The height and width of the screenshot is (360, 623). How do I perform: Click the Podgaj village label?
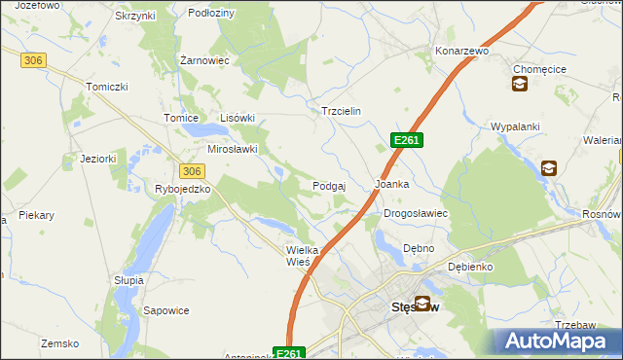point(331,185)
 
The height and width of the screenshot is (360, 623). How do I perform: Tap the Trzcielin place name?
point(342,111)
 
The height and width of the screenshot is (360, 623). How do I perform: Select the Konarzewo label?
point(461,51)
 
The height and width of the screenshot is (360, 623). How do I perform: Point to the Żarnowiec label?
point(204,60)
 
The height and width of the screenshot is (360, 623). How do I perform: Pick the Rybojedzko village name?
point(183,189)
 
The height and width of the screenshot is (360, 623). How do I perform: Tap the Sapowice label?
point(165,311)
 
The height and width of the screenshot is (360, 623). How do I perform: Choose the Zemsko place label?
point(58,343)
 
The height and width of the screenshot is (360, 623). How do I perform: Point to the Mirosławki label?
point(233,149)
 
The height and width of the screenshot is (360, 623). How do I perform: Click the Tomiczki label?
point(107,87)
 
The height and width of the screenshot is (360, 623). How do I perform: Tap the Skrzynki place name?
point(135,17)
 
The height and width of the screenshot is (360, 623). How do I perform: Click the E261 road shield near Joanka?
point(407,141)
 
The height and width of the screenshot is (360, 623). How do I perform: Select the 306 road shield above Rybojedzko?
point(191,170)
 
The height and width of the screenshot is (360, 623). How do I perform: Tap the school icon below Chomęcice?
point(520,85)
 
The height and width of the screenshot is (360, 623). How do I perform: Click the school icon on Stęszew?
point(422,304)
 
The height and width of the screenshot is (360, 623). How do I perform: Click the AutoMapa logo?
point(559,342)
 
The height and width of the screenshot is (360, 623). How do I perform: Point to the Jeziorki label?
point(99,159)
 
